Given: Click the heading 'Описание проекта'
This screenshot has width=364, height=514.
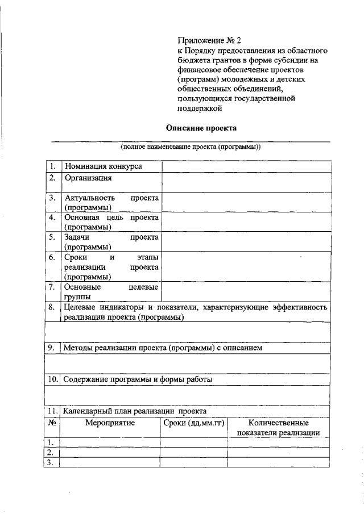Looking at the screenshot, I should tap(200, 129).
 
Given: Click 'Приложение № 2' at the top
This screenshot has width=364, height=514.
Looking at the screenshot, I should tap(209, 40).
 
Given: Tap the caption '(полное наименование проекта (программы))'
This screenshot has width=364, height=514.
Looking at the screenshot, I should tap(190, 147).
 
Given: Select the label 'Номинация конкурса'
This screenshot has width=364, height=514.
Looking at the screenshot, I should tap(103, 166).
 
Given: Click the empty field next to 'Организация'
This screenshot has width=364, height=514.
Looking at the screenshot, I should tap(246, 182).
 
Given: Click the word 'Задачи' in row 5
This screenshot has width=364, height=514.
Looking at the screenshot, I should tap(78, 237).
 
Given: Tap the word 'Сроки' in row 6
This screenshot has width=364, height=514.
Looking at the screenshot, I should tap(76, 257).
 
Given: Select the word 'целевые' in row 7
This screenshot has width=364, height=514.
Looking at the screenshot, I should tap(143, 287).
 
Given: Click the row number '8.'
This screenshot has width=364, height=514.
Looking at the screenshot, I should tap(52, 307).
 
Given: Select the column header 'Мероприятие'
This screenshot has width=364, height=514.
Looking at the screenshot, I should tap(110, 423).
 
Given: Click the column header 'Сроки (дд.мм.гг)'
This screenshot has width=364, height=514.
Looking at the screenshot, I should tap(193, 423).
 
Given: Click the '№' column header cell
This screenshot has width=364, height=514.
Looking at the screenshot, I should tap(52, 423).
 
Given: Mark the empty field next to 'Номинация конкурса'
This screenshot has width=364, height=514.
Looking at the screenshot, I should tap(246, 166).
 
